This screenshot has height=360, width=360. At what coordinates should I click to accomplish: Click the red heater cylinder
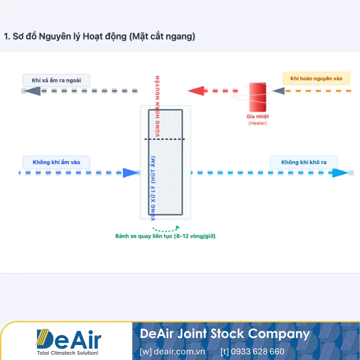(258, 97)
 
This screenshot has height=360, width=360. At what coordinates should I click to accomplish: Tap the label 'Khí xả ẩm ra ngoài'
(56, 80)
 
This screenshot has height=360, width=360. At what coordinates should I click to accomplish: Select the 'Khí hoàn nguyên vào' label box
(316, 79)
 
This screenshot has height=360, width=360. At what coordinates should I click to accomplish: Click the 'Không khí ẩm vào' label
(56, 162)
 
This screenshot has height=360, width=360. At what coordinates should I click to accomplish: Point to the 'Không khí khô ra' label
(304, 162)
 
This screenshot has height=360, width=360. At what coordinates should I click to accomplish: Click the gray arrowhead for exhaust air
(33, 91)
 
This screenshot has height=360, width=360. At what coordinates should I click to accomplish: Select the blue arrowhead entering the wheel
(130, 173)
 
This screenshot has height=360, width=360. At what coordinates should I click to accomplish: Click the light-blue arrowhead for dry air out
(340, 173)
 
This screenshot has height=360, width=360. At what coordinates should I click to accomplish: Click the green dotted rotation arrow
(166, 229)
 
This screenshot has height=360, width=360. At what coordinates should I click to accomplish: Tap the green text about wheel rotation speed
(165, 236)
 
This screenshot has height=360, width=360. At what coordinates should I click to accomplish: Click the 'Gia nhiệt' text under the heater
(258, 117)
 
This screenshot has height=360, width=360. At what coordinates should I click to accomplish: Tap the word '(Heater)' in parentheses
(258, 123)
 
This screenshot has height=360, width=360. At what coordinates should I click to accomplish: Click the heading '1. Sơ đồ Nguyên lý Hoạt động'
(99, 37)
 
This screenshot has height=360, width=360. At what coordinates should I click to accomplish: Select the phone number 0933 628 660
(252, 351)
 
